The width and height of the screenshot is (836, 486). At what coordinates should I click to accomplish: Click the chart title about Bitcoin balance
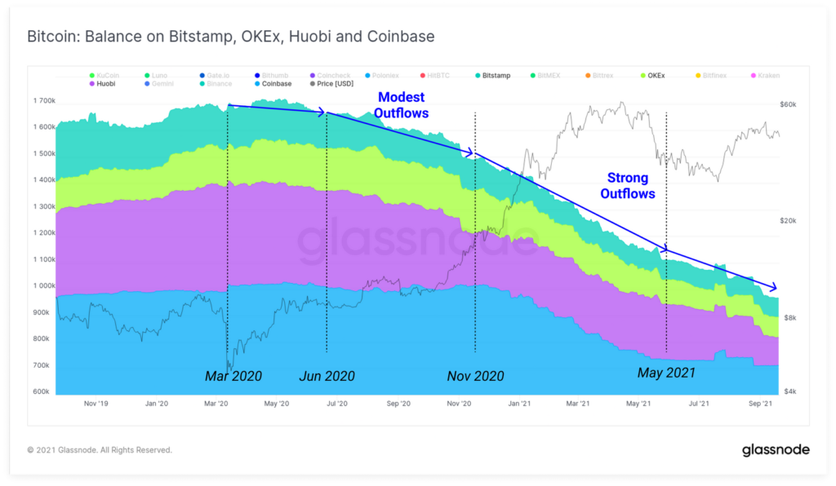pyautogui.click(x=231, y=37)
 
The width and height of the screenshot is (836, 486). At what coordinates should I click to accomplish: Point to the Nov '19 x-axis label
pyautogui.click(x=96, y=404)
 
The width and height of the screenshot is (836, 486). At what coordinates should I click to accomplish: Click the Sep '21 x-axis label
pyautogui.click(x=761, y=404)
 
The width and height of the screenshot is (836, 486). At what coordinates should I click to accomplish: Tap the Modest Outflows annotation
pyautogui.click(x=401, y=105)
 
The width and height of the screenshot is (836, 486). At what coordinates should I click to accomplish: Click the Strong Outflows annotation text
pyautogui.click(x=628, y=186)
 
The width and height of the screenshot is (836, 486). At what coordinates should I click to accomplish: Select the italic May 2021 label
pyautogui.click(x=666, y=373)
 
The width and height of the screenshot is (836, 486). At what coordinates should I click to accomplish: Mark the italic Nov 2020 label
pyautogui.click(x=475, y=377)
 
